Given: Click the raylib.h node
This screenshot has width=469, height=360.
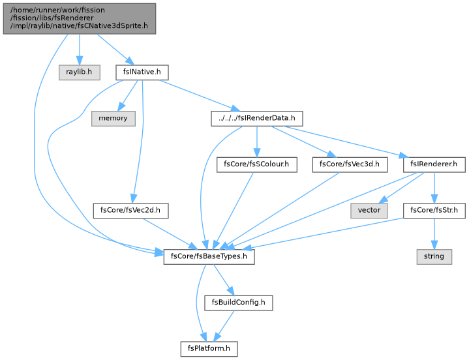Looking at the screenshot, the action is click(x=80, y=72).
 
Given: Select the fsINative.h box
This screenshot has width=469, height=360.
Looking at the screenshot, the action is click(x=142, y=72).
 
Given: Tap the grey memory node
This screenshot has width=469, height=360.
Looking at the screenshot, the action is click(x=113, y=119).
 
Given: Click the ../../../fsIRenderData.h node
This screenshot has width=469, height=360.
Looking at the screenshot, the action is click(x=257, y=119).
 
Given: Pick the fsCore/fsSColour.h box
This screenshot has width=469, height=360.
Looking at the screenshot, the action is click(x=256, y=164).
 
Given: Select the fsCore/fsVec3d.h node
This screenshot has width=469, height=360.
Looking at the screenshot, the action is click(x=350, y=164).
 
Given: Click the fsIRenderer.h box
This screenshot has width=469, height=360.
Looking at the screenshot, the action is click(x=434, y=164).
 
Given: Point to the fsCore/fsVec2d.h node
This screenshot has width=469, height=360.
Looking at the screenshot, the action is click(x=130, y=211).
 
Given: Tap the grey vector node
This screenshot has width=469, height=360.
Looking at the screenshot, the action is click(x=369, y=211).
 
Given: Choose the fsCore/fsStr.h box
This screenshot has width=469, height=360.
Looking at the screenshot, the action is click(x=434, y=211).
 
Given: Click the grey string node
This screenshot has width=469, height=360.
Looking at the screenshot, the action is click(x=434, y=256).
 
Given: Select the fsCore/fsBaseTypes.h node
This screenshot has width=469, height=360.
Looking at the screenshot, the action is click(x=209, y=256).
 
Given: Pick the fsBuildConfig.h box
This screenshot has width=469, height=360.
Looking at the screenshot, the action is click(x=238, y=303).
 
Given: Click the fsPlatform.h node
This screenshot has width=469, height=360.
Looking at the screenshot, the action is click(x=209, y=349).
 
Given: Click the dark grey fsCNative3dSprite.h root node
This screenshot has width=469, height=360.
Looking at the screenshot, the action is click(x=80, y=18).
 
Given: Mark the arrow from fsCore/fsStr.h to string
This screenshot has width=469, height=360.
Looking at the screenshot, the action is click(x=434, y=234).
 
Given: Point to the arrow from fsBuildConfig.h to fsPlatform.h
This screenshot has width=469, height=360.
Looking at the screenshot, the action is click(x=224, y=325).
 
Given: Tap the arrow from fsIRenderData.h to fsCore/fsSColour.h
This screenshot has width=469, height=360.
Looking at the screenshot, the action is click(x=256, y=142).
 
